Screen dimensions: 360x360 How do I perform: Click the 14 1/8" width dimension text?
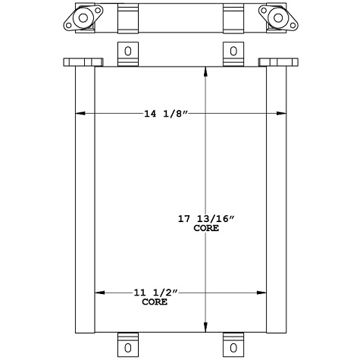[164, 114]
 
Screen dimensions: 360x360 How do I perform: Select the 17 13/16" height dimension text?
[206, 219]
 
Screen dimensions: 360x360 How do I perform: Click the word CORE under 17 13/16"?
[206, 228]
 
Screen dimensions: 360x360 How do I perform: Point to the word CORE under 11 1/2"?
[155, 302]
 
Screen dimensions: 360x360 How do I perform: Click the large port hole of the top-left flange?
[81, 16]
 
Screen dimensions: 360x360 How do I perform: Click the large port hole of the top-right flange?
[278, 16]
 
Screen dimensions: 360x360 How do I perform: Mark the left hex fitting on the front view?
[83, 62]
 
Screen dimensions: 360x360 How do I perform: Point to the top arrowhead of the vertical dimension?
[206, 70]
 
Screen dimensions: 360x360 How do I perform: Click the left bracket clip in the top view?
[127, 17]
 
